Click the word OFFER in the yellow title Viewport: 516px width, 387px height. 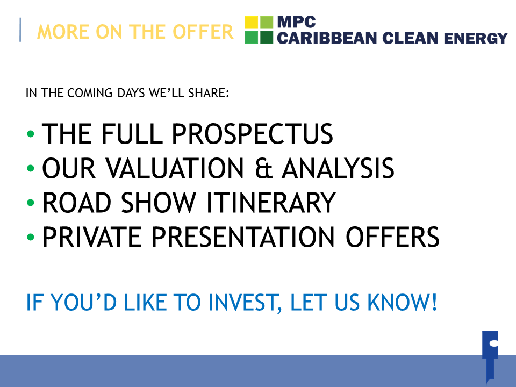click(x=203, y=32)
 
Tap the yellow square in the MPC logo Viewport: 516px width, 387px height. click(x=252, y=22)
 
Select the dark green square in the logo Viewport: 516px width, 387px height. click(x=267, y=38)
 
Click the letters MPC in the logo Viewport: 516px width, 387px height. click(x=297, y=23)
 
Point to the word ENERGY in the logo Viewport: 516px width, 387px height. click(x=476, y=38)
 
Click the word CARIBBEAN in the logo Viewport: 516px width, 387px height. click(x=327, y=38)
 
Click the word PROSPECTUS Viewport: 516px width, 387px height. click(x=253, y=134)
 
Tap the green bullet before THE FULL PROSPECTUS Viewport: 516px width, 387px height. click(x=31, y=134)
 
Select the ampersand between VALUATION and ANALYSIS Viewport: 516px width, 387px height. click(x=264, y=168)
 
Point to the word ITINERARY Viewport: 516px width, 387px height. click(x=271, y=203)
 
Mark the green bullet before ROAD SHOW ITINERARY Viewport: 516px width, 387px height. click(x=31, y=203)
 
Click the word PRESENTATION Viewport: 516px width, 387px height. click(x=243, y=237)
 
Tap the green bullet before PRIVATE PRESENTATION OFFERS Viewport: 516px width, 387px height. click(x=31, y=237)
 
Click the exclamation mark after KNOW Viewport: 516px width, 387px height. click(x=434, y=302)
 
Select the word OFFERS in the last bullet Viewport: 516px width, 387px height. click(x=392, y=237)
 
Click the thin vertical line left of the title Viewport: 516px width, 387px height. click(x=20, y=30)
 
